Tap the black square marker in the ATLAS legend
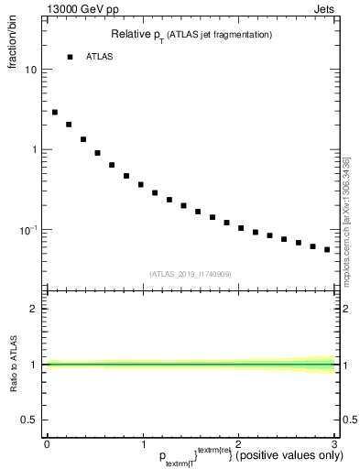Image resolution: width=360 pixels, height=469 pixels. pyautogui.click(x=70, y=57)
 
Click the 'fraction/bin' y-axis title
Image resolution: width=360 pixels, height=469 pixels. pyautogui.click(x=13, y=55)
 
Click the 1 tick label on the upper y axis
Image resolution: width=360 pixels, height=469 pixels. pyautogui.click(x=34, y=149)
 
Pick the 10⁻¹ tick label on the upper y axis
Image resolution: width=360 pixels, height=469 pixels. pyautogui.click(x=29, y=229)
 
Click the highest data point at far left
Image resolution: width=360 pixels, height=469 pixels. pyautogui.click(x=55, y=113)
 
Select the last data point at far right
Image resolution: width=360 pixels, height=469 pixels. pyautogui.click(x=327, y=249)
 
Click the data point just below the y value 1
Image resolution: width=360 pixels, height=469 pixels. pyautogui.click(x=97, y=153)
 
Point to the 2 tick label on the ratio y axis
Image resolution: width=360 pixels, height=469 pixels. pyautogui.click(x=34, y=309)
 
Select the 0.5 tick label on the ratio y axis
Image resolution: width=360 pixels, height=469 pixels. pyautogui.click(x=30, y=420)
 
